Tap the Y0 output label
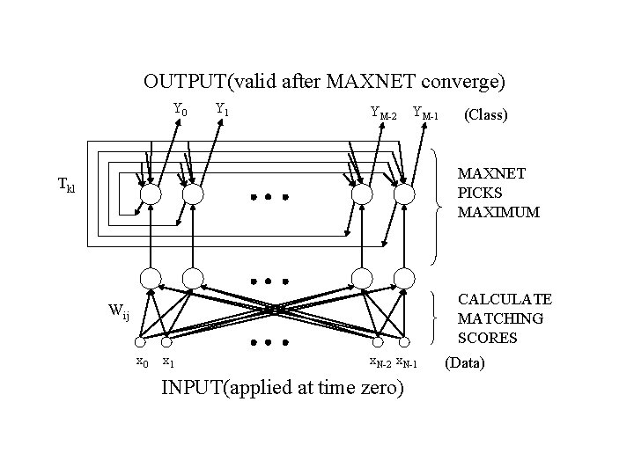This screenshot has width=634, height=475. pyautogui.click(x=180, y=111)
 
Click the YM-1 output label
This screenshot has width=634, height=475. pyautogui.click(x=427, y=113)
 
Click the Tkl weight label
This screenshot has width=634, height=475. pyautogui.click(x=66, y=185)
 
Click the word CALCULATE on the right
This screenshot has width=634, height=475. pyautogui.click(x=505, y=300)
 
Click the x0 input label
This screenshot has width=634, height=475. pyautogui.click(x=141, y=362)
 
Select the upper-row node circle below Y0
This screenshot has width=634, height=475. pyautogui.click(x=151, y=194)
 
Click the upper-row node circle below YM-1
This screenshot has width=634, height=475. pyautogui.click(x=404, y=194)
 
